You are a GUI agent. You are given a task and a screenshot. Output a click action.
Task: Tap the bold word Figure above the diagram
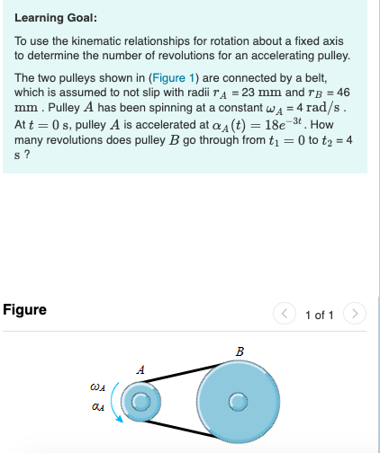click(25, 310)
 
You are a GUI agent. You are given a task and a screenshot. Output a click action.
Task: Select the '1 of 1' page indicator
click(321, 315)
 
